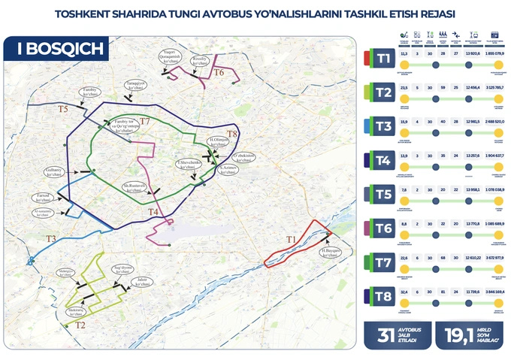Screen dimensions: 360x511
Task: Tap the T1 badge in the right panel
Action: (x=382, y=57)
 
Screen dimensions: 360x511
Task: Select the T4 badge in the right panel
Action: (x=382, y=159)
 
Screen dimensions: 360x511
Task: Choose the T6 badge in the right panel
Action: (x=382, y=227)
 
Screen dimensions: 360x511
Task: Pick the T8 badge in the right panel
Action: (x=382, y=296)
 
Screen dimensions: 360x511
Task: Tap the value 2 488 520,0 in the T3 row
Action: (x=496, y=122)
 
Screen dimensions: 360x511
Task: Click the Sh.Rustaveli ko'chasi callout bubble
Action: (x=134, y=186)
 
